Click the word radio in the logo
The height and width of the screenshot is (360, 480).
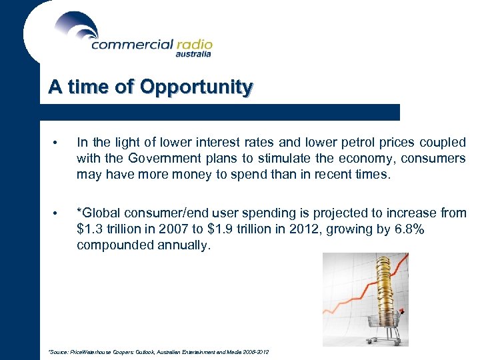point(194,44)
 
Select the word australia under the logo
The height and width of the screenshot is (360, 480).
point(193,55)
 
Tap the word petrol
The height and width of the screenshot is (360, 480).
point(349,142)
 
